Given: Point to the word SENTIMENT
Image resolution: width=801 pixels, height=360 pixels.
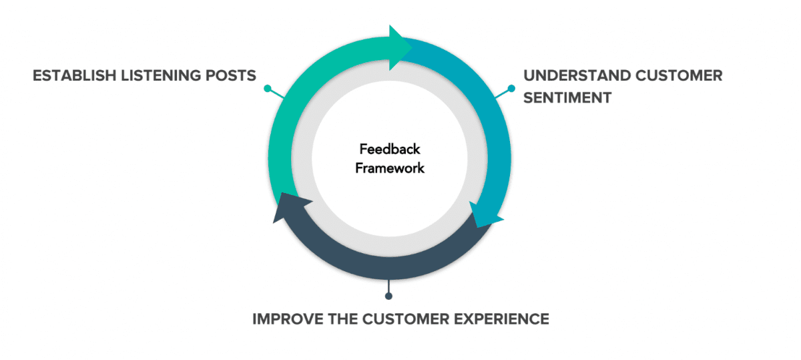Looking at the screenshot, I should [x=567, y=98].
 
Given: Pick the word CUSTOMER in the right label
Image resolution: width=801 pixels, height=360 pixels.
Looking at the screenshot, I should [x=679, y=75].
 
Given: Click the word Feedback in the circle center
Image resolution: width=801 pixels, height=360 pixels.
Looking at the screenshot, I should [x=390, y=149].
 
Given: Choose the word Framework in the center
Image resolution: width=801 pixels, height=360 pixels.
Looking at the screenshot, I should [x=390, y=168].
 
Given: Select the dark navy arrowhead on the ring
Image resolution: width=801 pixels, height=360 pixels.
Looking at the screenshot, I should [x=288, y=208].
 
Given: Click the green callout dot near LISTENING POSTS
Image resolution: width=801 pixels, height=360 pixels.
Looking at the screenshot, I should [x=267, y=88].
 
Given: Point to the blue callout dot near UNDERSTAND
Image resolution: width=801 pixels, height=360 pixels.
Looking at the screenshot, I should [x=511, y=88].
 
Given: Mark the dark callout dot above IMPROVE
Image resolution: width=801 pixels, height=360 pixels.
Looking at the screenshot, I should [x=388, y=296].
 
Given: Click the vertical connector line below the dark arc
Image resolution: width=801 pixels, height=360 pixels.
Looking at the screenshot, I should [x=388, y=286].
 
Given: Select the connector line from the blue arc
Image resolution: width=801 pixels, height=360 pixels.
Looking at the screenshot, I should [x=502, y=94].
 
